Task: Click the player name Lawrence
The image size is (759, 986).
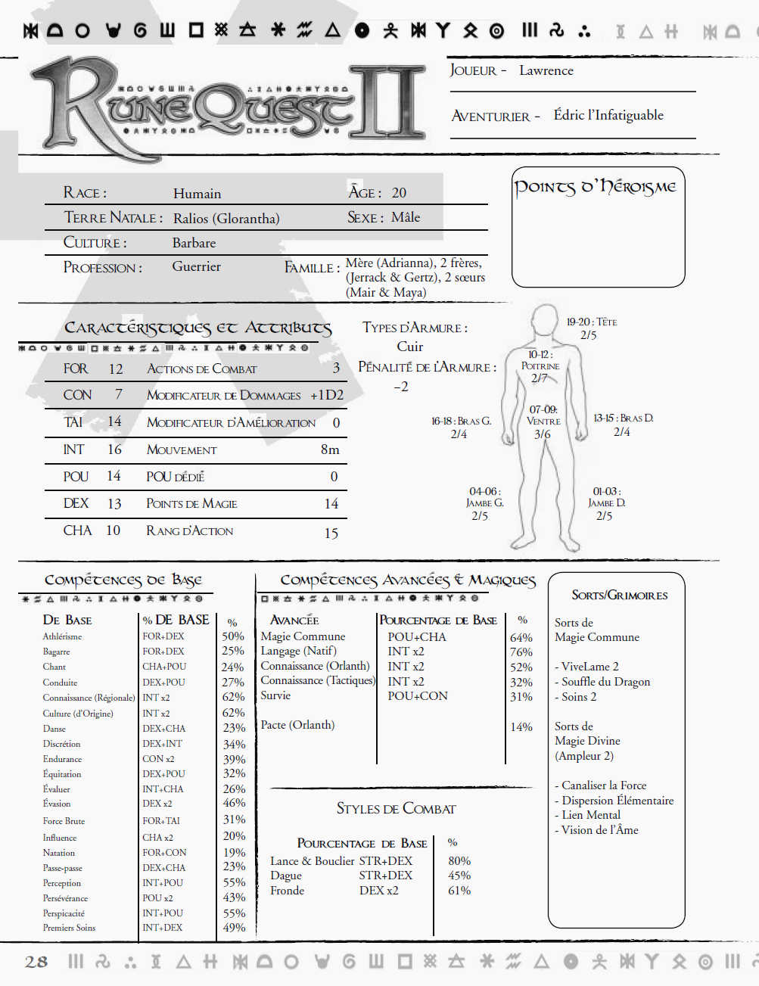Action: tap(546, 70)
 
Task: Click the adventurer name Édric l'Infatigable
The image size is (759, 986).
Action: tap(608, 115)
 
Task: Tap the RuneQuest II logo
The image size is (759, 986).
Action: tap(227, 106)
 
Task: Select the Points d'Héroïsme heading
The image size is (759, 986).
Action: tap(595, 187)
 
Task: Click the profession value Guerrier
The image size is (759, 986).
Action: tap(196, 266)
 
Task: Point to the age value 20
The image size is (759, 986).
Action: tap(399, 193)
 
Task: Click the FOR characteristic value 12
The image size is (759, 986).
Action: tap(115, 369)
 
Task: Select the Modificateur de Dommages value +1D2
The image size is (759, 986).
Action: tap(326, 395)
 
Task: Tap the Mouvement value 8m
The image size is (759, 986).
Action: tap(330, 449)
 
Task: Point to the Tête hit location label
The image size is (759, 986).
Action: tap(592, 322)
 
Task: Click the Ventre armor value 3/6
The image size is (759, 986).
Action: tap(542, 434)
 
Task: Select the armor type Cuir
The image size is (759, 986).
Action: tap(409, 347)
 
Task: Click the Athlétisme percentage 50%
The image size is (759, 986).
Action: tap(233, 636)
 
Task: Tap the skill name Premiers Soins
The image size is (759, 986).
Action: tap(69, 928)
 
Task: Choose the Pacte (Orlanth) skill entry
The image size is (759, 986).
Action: tap(297, 725)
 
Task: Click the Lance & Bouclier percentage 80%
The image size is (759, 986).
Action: tap(459, 861)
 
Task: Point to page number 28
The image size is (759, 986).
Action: tap(36, 962)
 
